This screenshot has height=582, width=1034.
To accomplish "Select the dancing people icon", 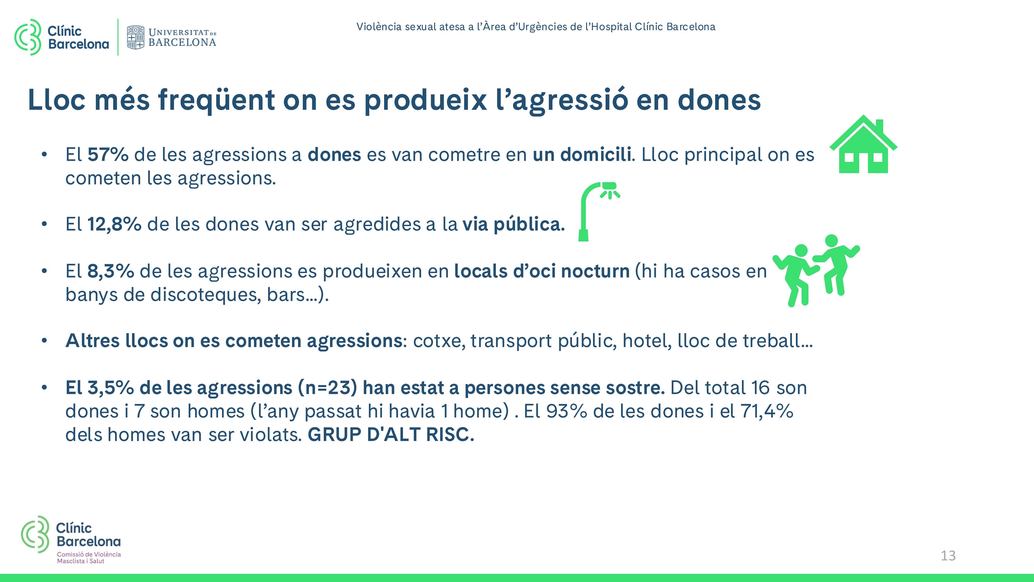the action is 816,271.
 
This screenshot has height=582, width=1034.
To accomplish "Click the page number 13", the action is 948,556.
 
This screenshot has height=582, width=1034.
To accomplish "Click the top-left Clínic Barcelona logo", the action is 61,37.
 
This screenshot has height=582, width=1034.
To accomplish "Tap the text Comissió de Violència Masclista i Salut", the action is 89,558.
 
